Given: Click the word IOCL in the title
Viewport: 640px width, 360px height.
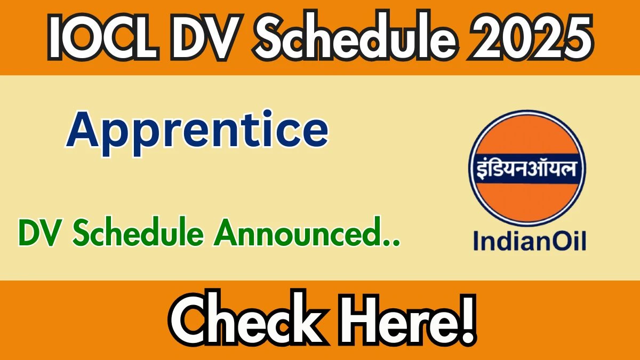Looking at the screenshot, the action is (x=103, y=37).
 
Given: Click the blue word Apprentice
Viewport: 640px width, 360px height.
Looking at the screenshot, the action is (x=197, y=133).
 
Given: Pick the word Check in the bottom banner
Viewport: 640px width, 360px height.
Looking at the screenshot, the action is (x=249, y=321).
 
